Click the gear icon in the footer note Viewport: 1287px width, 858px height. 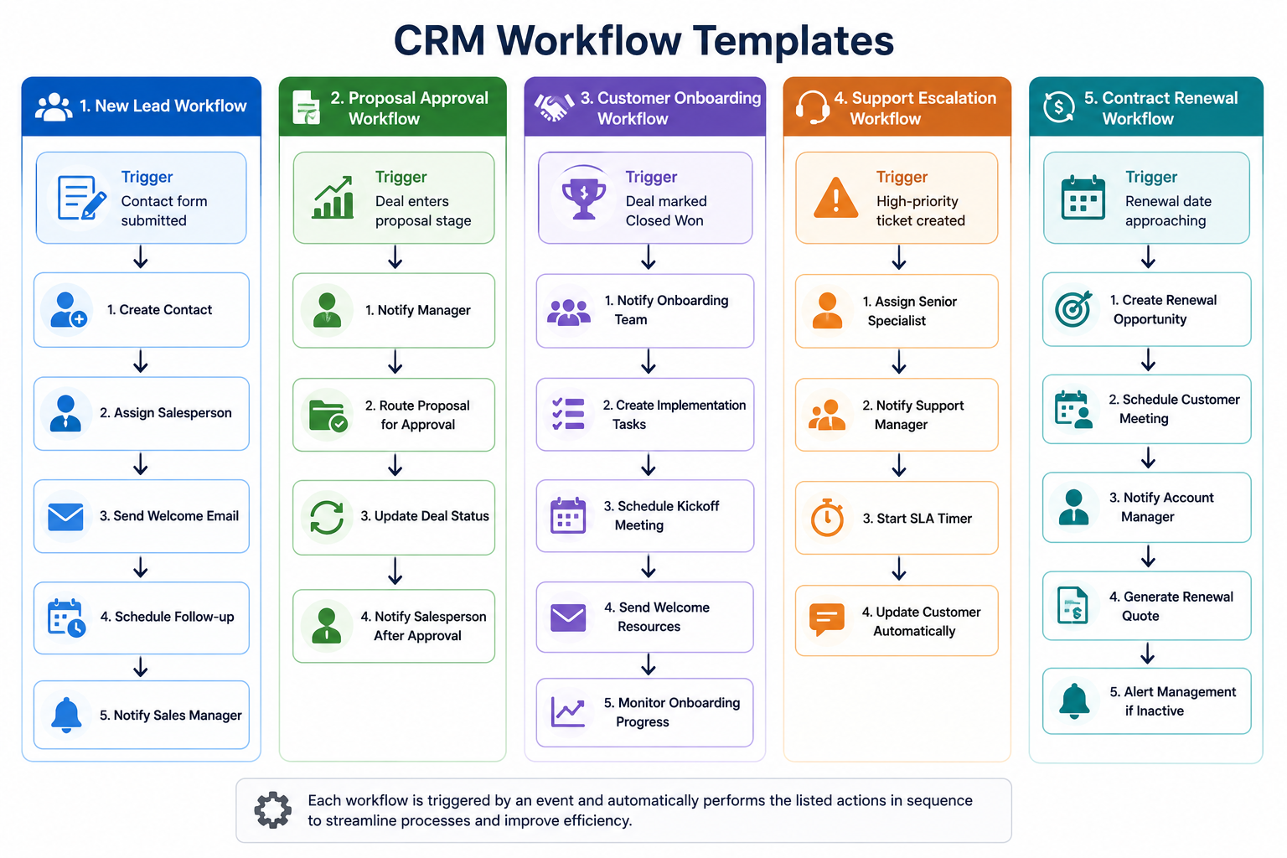click(x=273, y=809)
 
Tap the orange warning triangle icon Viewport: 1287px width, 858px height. click(x=836, y=198)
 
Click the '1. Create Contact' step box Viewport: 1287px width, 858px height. click(x=142, y=310)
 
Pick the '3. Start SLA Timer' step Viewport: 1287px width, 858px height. click(x=897, y=518)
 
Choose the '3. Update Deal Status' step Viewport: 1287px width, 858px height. click(x=394, y=517)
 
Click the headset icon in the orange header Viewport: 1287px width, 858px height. click(x=813, y=107)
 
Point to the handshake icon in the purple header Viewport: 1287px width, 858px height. click(x=554, y=107)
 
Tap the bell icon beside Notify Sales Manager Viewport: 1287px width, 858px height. click(x=67, y=715)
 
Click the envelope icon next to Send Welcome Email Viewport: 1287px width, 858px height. click(x=65, y=516)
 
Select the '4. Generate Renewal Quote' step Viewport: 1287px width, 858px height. click(x=1147, y=606)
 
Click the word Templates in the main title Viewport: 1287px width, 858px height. click(x=793, y=41)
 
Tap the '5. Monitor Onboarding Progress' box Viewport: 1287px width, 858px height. click(x=644, y=712)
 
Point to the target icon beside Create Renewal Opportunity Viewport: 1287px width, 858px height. click(x=1072, y=309)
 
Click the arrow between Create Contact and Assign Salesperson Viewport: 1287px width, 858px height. click(x=141, y=362)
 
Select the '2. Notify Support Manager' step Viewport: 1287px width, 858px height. click(x=897, y=415)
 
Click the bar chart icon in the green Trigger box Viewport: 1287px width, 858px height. click(x=333, y=198)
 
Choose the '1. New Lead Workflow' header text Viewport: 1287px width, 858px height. click(x=163, y=106)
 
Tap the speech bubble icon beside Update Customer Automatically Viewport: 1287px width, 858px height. click(x=827, y=619)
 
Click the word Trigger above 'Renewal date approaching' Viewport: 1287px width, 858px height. click(x=1150, y=177)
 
